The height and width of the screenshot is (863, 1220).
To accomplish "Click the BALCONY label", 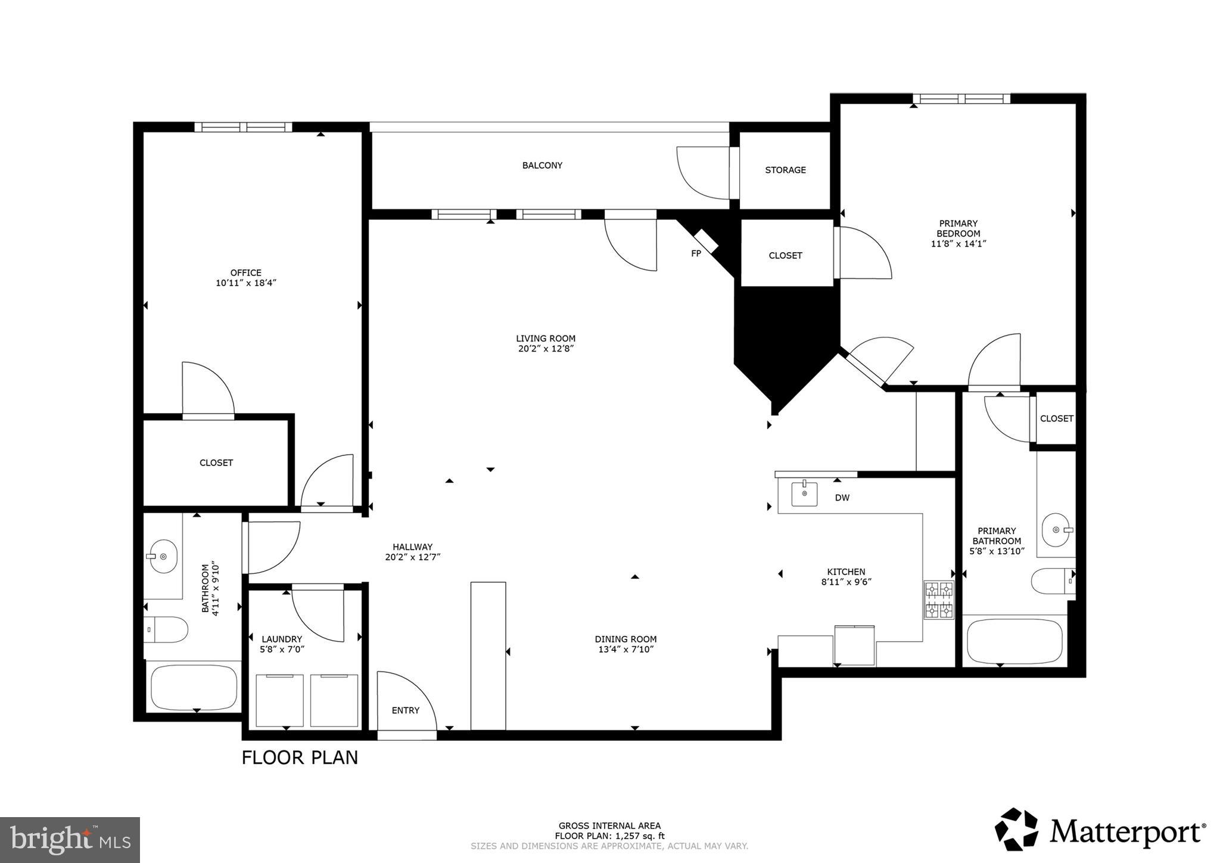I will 542,165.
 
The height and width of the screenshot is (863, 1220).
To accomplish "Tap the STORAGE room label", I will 785,170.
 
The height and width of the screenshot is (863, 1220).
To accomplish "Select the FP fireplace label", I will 696,253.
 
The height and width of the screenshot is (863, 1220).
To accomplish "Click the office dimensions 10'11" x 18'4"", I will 246,283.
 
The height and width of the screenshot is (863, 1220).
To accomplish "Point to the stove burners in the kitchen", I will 938,600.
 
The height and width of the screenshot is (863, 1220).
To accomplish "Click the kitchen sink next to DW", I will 804,494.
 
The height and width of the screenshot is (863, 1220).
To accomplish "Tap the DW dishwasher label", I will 842,498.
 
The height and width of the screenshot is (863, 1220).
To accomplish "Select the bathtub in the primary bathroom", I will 1014,642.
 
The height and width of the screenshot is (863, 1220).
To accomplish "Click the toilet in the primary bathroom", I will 1052,580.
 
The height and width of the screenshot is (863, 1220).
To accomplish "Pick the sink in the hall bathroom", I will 163,556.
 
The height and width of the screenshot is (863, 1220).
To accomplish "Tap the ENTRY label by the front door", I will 405,710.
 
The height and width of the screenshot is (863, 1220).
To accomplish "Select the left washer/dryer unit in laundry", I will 279,700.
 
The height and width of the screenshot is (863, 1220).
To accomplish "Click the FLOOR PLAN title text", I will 300,758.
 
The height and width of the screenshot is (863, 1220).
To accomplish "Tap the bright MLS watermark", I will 70,840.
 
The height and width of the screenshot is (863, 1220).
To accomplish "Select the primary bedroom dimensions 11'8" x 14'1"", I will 958,244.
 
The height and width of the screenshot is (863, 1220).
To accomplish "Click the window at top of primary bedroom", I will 961,99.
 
